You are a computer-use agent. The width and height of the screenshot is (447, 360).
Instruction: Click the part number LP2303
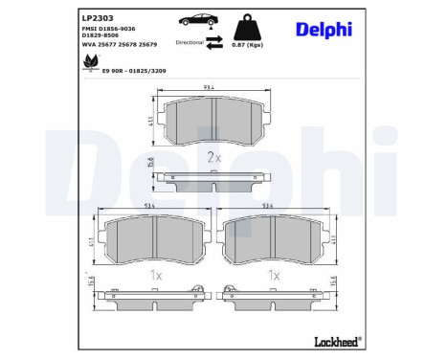click(96, 17)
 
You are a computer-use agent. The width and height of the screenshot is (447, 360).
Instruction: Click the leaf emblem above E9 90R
click(93, 61)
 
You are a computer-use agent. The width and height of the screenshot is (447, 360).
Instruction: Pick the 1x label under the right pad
click(275, 274)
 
